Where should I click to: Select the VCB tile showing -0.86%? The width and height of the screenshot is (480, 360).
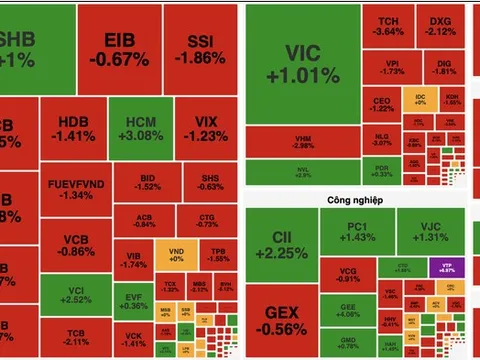click(x=75, y=246)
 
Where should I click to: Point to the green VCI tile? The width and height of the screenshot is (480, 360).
click(x=75, y=294)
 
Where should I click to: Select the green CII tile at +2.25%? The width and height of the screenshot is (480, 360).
click(x=281, y=245)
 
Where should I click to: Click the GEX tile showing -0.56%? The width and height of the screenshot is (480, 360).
click(x=281, y=320)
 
